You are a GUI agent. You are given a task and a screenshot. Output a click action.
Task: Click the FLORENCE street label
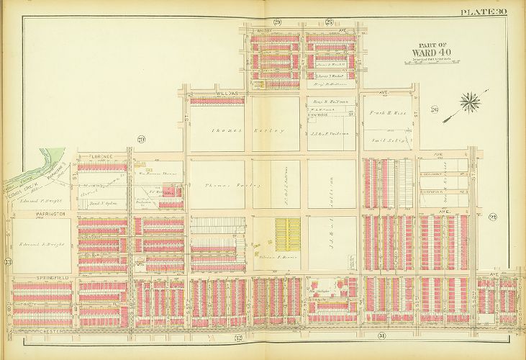tap(99, 154)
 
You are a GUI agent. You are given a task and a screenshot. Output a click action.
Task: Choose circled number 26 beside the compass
tap(434, 109)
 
